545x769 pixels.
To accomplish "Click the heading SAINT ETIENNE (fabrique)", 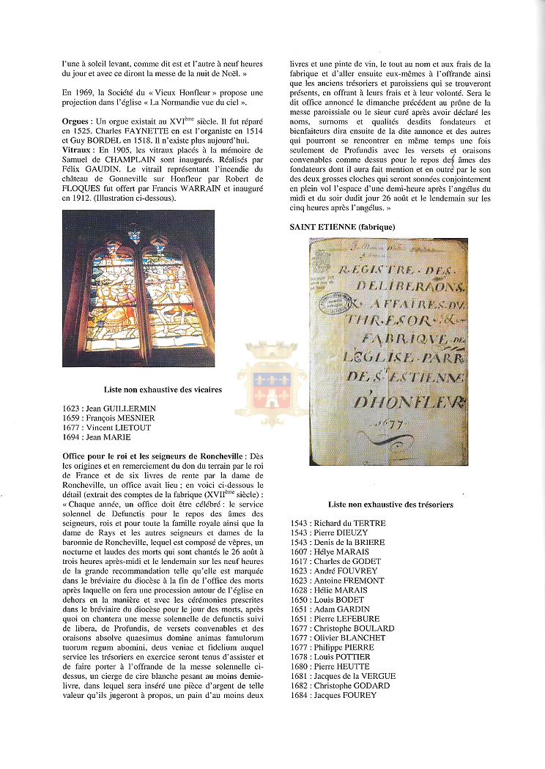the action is click(x=343, y=227).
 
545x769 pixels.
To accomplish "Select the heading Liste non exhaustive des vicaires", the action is click(x=163, y=390).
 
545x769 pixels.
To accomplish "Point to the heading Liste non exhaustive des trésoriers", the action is click(x=390, y=505).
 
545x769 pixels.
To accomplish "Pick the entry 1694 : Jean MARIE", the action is click(x=97, y=437).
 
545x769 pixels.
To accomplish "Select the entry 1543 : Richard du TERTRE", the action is click(x=338, y=524).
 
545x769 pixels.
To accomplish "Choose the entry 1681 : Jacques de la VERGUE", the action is click(x=344, y=676).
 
